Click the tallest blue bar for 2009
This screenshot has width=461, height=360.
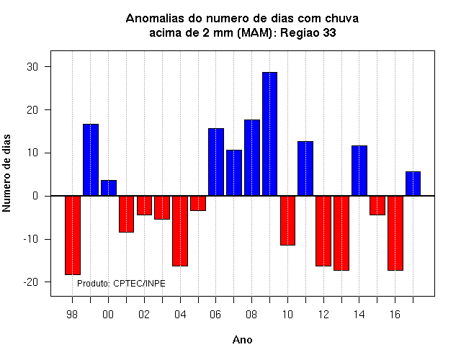click(269, 134)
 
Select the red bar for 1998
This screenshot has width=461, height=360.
click(73, 235)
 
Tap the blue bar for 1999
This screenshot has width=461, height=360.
click(91, 160)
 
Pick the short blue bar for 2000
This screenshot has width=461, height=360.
click(109, 188)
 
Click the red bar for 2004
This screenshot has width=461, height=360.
click(180, 231)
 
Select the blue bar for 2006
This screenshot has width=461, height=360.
click(216, 162)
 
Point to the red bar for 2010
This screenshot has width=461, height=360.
click(287, 220)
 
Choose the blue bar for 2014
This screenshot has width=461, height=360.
click(359, 171)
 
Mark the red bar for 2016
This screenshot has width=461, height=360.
click(395, 233)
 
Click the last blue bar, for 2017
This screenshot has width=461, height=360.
click(413, 184)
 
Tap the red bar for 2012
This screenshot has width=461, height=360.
click(323, 231)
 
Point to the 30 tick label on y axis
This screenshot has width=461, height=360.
click(32, 67)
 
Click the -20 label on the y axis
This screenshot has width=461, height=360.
click(31, 282)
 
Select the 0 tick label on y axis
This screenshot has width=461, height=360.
click(35, 196)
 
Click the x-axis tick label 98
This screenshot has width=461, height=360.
click(72, 315)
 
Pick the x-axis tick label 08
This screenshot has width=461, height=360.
click(251, 315)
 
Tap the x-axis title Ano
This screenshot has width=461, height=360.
click(242, 340)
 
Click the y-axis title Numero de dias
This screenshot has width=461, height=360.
click(6, 173)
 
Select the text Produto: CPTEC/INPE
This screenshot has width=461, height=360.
click(121, 284)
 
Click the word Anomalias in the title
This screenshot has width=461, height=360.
click(156, 19)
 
